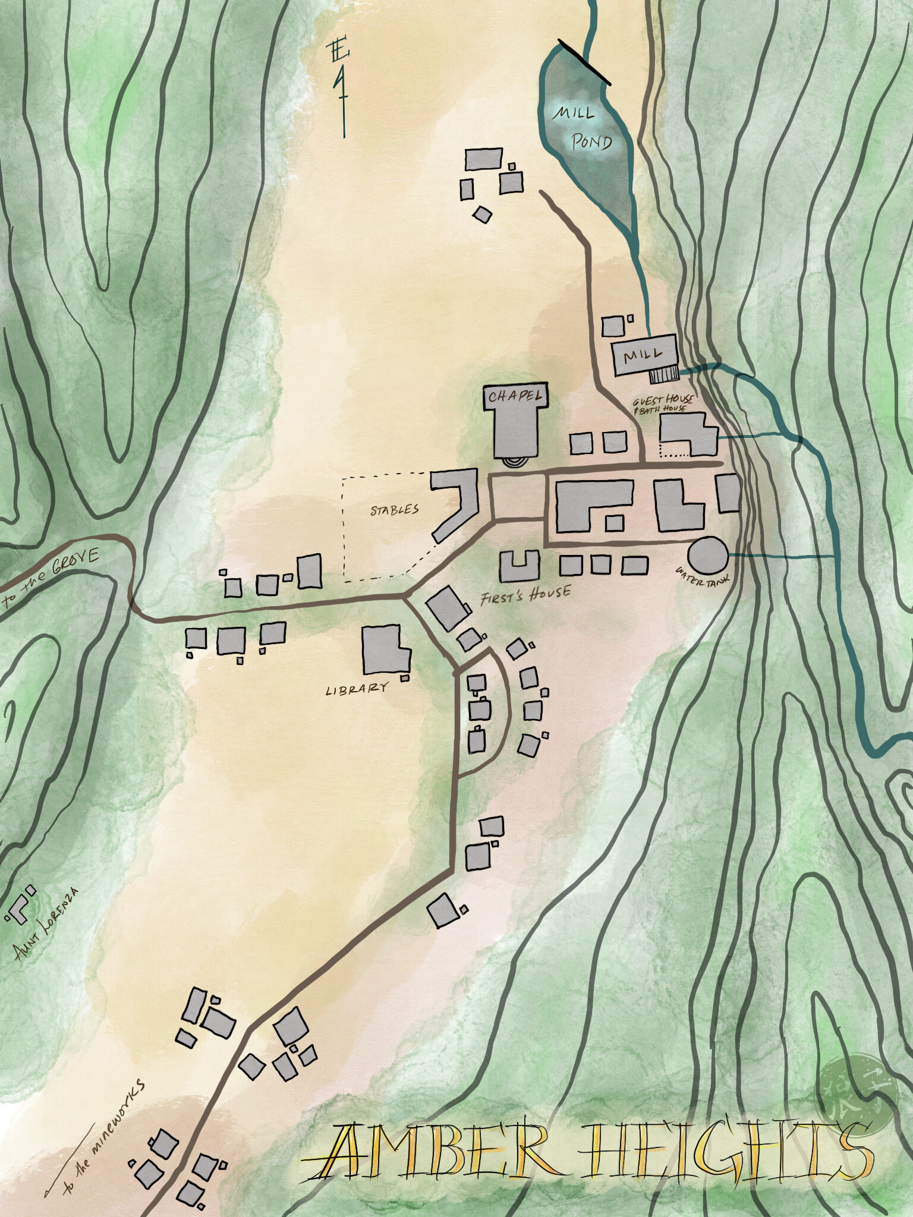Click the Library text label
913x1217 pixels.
(x=357, y=688)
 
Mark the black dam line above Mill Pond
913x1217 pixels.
(x=585, y=61)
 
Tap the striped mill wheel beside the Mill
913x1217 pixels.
(x=664, y=374)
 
